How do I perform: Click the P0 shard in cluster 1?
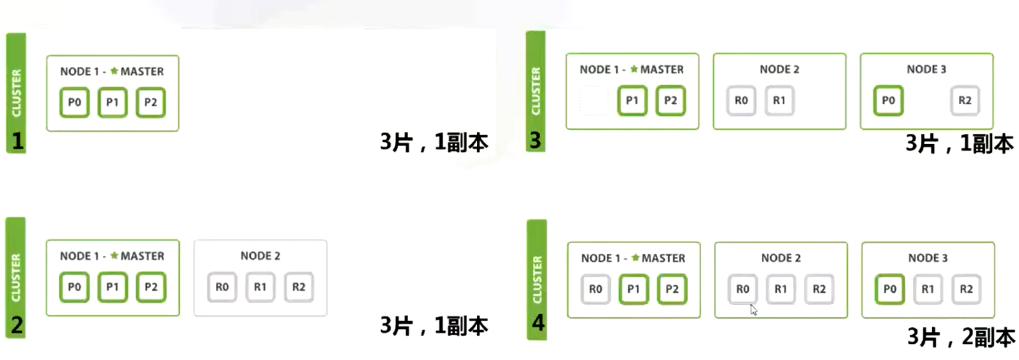click(74, 102)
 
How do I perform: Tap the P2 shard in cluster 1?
click(151, 102)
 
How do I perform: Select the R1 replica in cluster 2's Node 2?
click(260, 287)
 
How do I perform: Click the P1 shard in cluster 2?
click(112, 287)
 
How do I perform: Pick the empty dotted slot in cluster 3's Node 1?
click(594, 100)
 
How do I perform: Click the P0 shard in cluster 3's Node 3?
click(888, 100)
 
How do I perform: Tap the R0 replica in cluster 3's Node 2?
click(741, 100)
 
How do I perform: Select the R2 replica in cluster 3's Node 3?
click(965, 100)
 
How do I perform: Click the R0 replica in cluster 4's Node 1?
click(595, 289)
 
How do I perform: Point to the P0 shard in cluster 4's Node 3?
click(890, 289)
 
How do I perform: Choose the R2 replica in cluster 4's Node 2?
click(819, 289)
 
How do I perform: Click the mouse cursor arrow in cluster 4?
click(753, 310)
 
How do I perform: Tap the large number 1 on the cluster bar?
click(17, 140)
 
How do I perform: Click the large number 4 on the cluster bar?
click(538, 322)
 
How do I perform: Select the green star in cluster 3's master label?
click(634, 69)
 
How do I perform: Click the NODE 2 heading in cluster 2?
click(260, 256)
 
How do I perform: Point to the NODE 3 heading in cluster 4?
click(928, 258)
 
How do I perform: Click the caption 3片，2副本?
click(960, 337)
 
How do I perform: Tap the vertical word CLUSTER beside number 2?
click(16, 277)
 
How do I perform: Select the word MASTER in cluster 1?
click(142, 71)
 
